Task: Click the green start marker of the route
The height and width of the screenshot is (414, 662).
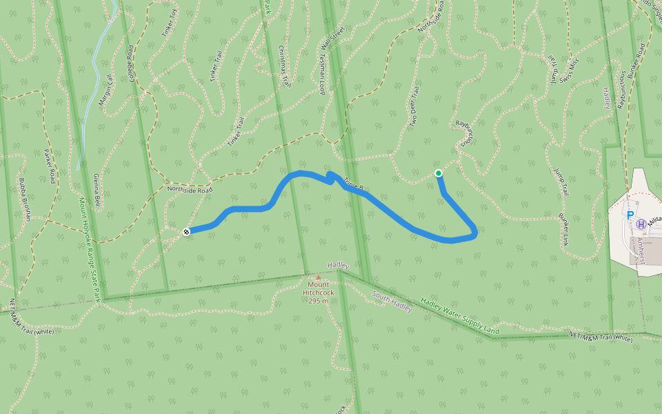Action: pyautogui.click(x=439, y=173)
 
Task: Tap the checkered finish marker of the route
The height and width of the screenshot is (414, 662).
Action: pyautogui.click(x=186, y=231)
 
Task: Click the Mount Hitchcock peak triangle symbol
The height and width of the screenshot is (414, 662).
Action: pyautogui.click(x=318, y=277)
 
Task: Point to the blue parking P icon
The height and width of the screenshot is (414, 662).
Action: pyautogui.click(x=630, y=215)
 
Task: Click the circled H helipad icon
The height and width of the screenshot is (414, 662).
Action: pyautogui.click(x=641, y=224)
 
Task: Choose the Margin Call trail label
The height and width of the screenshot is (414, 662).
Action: pyautogui.click(x=106, y=90)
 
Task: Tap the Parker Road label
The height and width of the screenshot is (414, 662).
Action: pyautogui.click(x=49, y=166)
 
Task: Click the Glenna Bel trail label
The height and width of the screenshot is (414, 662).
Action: pyautogui.click(x=97, y=193)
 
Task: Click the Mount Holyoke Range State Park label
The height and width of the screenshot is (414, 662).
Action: pyautogui.click(x=90, y=249)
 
